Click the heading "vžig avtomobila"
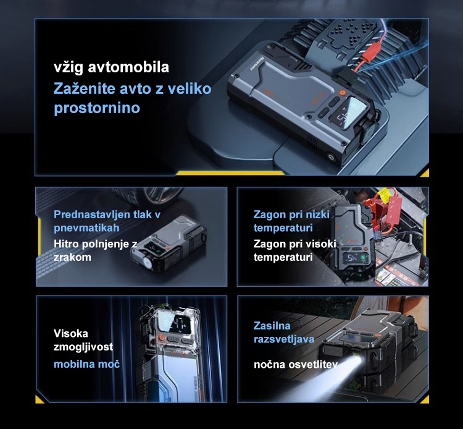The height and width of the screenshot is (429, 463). pyautogui.click(x=111, y=67)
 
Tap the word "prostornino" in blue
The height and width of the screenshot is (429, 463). pyautogui.click(x=97, y=108)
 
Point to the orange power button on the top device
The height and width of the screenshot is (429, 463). pyautogui.click(x=342, y=92)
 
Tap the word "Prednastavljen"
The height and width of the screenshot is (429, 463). pyautogui.click(x=92, y=215)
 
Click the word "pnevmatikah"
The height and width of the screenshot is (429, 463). pyautogui.click(x=86, y=228)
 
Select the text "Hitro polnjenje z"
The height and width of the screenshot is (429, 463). pyautogui.click(x=95, y=244)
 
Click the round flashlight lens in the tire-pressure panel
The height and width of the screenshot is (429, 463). pyautogui.click(x=147, y=262)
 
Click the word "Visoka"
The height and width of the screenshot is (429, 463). pyautogui.click(x=71, y=334)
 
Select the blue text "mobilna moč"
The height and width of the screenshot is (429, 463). pyautogui.click(x=87, y=364)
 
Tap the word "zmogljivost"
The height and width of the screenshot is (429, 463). pyautogui.click(x=83, y=347)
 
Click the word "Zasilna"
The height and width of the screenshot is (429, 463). pyautogui.click(x=272, y=326)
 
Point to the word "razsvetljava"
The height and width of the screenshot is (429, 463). pyautogui.click(x=284, y=339)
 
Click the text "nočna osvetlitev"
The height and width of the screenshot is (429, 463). pyautogui.click(x=296, y=364)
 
